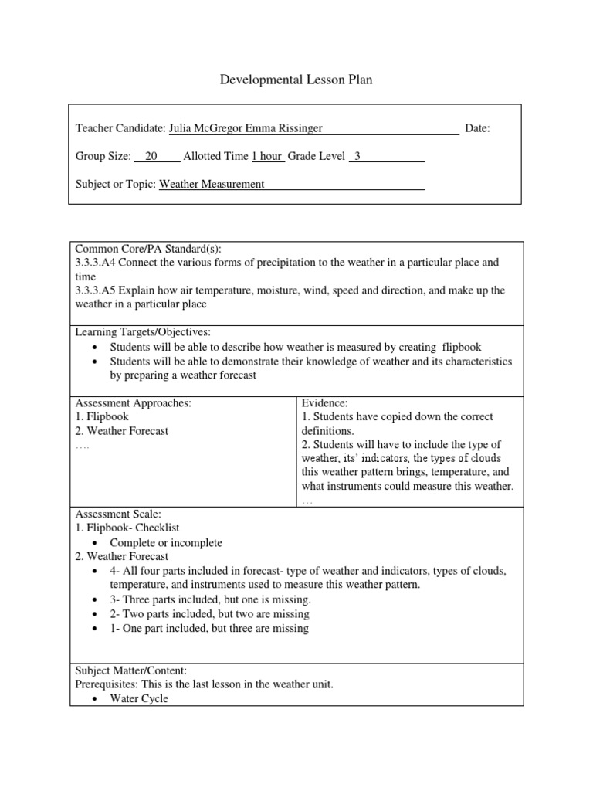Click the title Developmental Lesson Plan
tap(296, 80)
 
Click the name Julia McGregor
tap(205, 128)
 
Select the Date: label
tap(477, 128)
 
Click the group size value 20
tap(151, 156)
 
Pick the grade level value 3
tap(357, 156)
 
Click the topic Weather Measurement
tap(212, 184)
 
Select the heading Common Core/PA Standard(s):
tap(147, 249)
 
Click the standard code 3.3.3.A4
tap(96, 263)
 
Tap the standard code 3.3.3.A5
tap(96, 290)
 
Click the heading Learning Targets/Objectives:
tap(142, 332)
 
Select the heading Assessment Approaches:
tap(133, 403)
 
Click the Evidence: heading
tap(325, 403)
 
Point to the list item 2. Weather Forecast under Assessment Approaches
tap(121, 431)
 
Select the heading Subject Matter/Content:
tap(130, 670)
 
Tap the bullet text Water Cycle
tap(139, 699)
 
